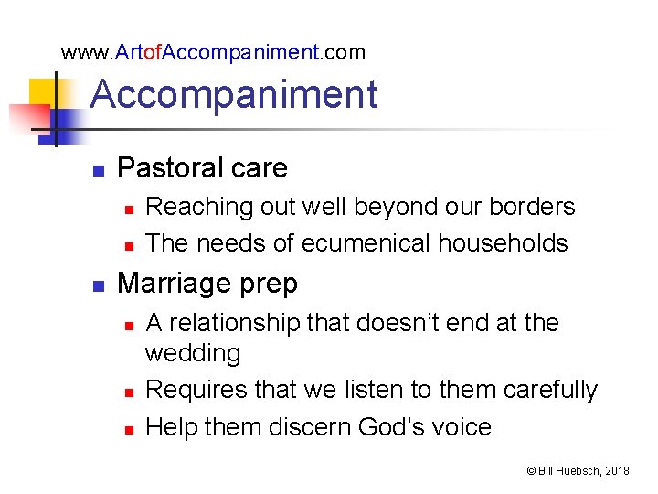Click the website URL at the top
(213, 52)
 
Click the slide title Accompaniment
(234, 94)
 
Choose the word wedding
(193, 353)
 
